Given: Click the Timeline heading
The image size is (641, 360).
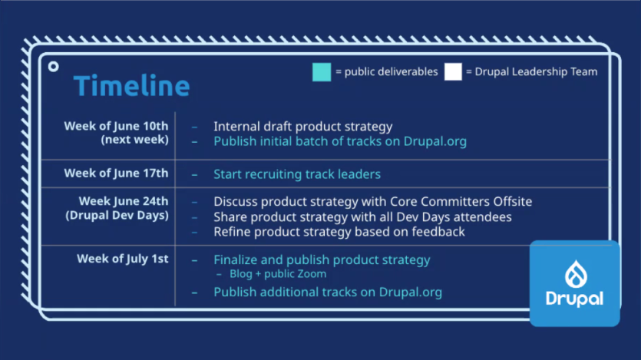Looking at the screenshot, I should pyautogui.click(x=131, y=86).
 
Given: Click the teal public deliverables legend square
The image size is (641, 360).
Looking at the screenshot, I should pyautogui.click(x=322, y=71).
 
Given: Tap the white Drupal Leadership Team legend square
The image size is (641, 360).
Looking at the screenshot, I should pyautogui.click(x=453, y=71).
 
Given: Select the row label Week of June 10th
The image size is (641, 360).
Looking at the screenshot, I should pyautogui.click(x=116, y=126).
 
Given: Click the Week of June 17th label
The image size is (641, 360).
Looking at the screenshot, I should pyautogui.click(x=116, y=173).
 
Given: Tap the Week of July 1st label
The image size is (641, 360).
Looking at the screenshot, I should pyautogui.click(x=122, y=259).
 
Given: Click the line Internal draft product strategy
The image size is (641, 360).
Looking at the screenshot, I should pyautogui.click(x=302, y=127).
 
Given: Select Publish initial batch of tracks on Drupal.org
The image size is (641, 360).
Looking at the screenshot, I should pyautogui.click(x=339, y=141).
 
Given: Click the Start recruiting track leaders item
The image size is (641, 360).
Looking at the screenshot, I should pyautogui.click(x=296, y=174).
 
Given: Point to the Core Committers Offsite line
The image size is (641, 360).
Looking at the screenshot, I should pyautogui.click(x=372, y=201).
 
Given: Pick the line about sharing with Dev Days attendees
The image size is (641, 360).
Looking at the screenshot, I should pyautogui.click(x=362, y=216).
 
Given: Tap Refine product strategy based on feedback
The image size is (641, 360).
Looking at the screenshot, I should pyautogui.click(x=339, y=231).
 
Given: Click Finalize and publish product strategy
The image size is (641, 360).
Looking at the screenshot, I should pyautogui.click(x=322, y=259).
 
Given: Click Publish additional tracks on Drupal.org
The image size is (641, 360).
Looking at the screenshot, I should pyautogui.click(x=327, y=292).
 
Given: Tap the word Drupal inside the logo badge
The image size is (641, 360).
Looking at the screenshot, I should pyautogui.click(x=574, y=298).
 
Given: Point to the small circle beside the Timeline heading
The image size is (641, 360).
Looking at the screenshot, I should pyautogui.click(x=53, y=67).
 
